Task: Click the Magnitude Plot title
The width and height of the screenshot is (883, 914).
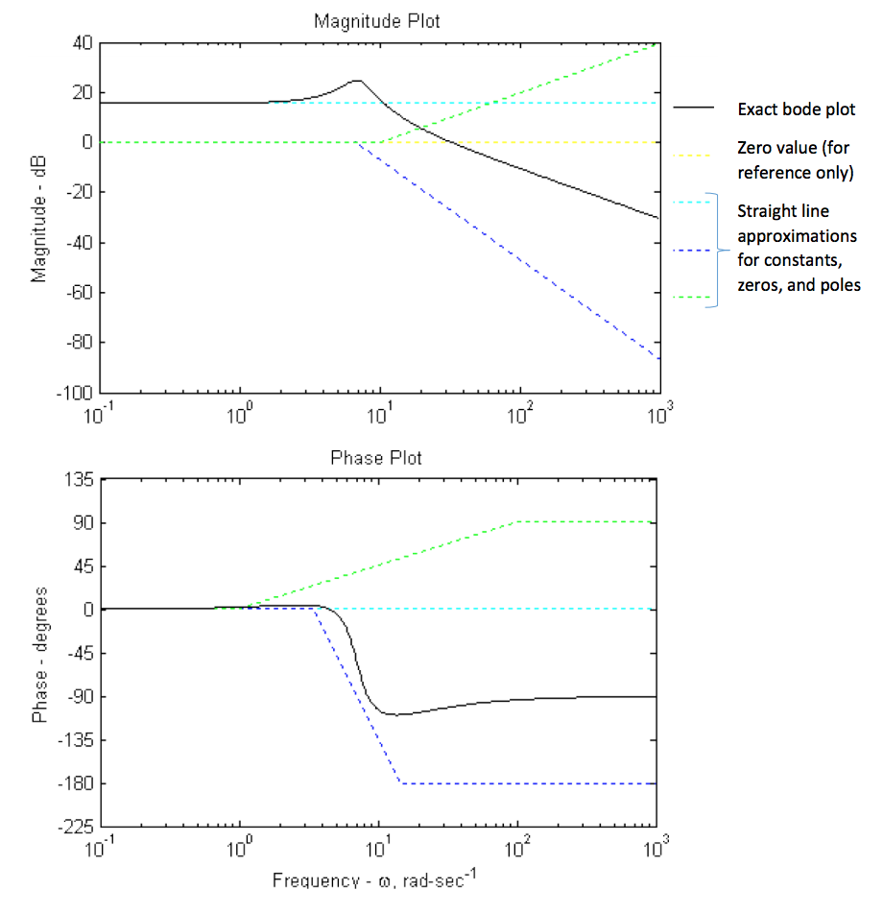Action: click(378, 21)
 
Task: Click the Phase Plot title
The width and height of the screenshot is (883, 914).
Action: click(375, 458)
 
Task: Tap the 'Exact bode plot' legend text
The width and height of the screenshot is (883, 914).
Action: click(796, 109)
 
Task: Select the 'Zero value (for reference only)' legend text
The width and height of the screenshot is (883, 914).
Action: click(794, 160)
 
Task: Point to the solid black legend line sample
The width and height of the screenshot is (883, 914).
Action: click(693, 109)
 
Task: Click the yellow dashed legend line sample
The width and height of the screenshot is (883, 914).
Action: click(693, 154)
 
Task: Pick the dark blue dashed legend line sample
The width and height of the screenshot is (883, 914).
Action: click(693, 251)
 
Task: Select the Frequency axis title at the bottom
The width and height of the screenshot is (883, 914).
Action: click(373, 880)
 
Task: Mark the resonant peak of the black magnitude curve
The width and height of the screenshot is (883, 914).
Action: click(356, 82)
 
